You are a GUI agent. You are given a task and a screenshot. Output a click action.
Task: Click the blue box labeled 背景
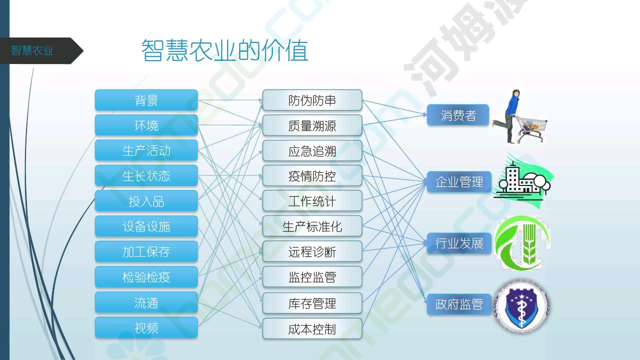click(146, 100)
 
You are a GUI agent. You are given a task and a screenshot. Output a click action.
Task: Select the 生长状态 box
click(146, 176)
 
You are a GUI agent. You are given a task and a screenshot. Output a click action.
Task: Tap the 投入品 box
click(146, 201)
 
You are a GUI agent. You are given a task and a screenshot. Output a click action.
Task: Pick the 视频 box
click(146, 328)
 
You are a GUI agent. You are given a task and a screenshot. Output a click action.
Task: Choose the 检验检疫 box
click(146, 277)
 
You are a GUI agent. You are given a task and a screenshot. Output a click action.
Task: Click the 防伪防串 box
click(312, 100)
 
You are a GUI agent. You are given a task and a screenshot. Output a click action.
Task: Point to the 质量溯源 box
click(312, 125)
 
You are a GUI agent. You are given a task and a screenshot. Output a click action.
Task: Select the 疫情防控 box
click(312, 176)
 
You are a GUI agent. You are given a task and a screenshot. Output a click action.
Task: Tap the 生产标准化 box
click(312, 226)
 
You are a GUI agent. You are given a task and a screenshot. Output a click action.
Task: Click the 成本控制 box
click(312, 329)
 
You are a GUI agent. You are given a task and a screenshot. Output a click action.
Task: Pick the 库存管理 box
click(312, 303)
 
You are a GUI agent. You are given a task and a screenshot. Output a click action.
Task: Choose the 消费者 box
click(458, 115)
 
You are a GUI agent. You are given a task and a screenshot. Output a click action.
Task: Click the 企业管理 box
click(459, 182)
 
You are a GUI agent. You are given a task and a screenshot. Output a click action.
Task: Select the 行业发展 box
click(459, 243)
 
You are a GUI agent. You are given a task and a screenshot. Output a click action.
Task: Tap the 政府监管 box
click(459, 304)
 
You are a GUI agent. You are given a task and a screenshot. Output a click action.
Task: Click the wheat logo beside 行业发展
click(522, 243)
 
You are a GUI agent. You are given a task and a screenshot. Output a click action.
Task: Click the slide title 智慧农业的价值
click(225, 51)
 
